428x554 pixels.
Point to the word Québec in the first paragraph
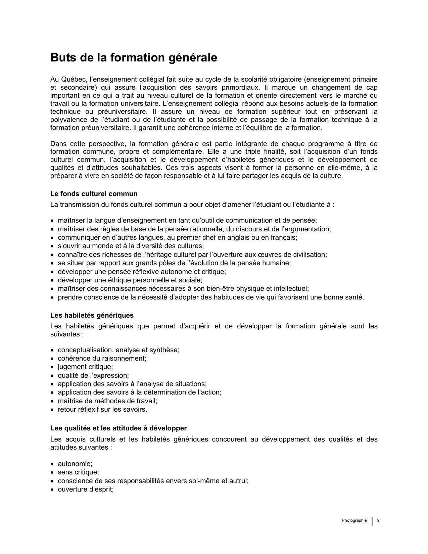point(75,80)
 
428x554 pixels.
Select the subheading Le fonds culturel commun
point(94,194)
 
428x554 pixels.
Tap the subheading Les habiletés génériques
point(92,315)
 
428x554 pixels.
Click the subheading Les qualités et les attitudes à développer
point(118,428)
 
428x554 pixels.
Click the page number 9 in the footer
point(378,520)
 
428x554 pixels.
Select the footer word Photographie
point(354,520)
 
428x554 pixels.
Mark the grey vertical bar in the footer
point(372,521)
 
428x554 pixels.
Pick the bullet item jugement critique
point(85,367)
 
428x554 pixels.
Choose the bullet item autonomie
point(75,464)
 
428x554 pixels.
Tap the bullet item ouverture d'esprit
point(86,489)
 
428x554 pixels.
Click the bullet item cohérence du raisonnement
point(102,358)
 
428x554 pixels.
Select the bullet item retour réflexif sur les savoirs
point(102,409)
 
